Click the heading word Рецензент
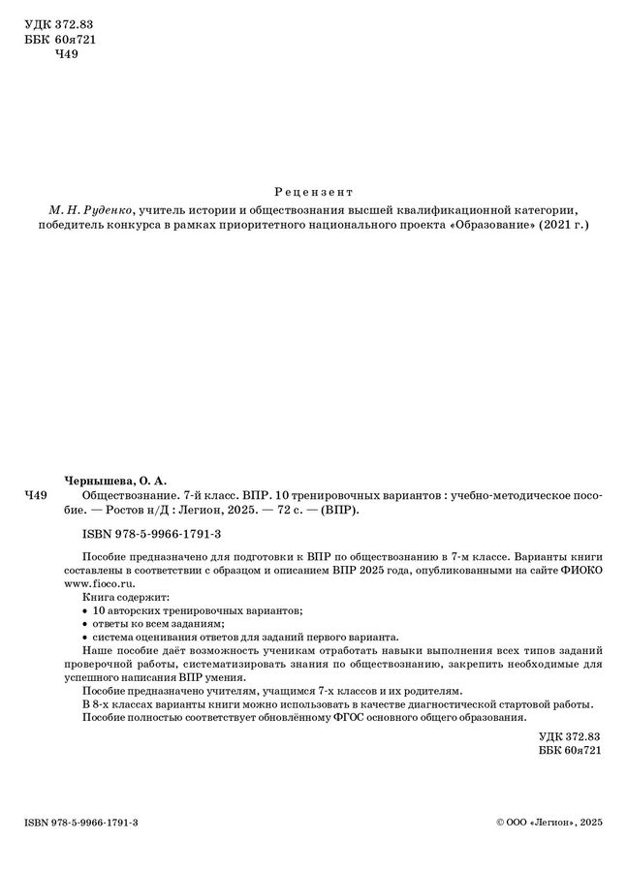(313, 191)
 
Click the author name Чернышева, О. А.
(115, 479)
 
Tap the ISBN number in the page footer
(81, 822)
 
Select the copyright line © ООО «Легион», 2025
(549, 822)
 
